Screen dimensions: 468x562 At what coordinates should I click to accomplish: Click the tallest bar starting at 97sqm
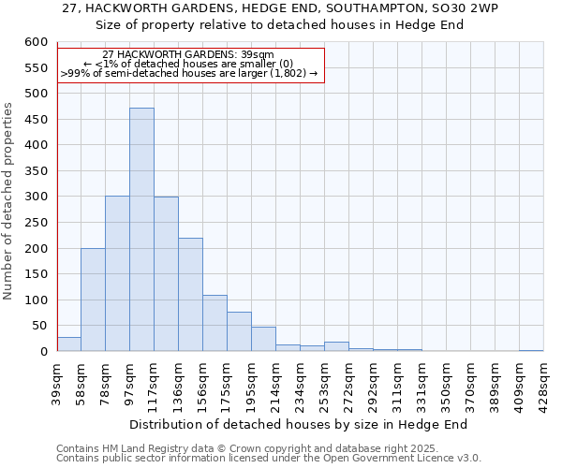(x=141, y=229)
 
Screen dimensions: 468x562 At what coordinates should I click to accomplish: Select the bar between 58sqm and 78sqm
(x=93, y=300)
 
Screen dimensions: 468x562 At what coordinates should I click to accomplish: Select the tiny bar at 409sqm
(x=531, y=350)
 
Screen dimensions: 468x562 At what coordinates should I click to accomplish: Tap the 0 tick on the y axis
(x=43, y=352)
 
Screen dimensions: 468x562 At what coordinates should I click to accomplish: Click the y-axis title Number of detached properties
(x=9, y=201)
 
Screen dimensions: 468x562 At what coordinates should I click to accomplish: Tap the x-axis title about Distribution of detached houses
(x=298, y=424)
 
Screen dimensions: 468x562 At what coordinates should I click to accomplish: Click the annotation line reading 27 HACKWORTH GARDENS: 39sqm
(x=188, y=55)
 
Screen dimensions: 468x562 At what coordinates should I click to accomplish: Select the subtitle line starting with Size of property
(x=281, y=24)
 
